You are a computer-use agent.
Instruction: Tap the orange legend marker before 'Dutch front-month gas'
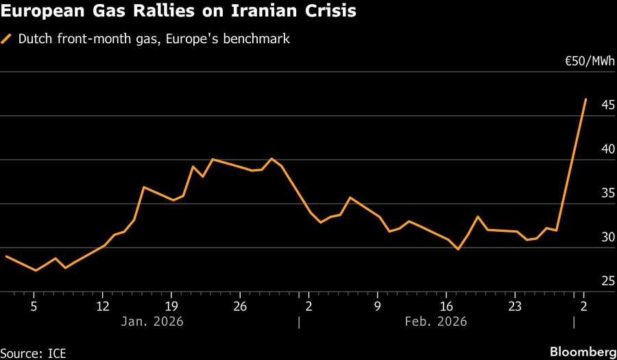(x=7, y=39)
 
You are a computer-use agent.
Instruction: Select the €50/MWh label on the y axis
(x=589, y=61)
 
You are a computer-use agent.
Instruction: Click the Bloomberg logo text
(x=583, y=352)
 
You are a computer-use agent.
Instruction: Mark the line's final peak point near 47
(x=585, y=99)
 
